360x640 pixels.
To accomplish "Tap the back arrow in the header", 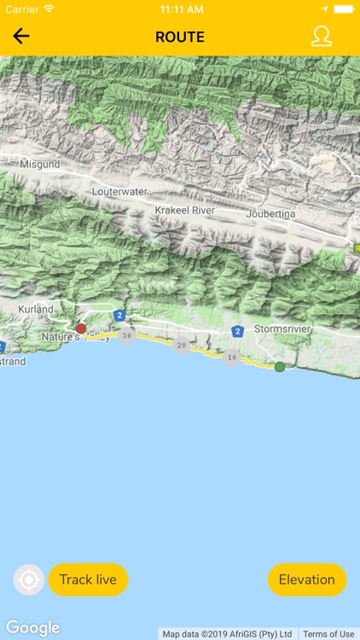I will pyautogui.click(x=21, y=36).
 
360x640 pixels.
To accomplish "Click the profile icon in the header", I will pyautogui.click(x=321, y=36).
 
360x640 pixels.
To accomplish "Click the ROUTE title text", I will pyautogui.click(x=180, y=37).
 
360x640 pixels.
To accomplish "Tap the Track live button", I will pyautogui.click(x=88, y=579).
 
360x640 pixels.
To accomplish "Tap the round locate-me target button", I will pyautogui.click(x=28, y=580).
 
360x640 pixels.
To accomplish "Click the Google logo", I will pyautogui.click(x=33, y=628).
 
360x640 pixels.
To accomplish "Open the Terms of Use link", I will pyautogui.click(x=328, y=634).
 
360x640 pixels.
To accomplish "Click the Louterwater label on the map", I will pyautogui.click(x=119, y=193).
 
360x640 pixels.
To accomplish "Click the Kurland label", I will pyautogui.click(x=36, y=309).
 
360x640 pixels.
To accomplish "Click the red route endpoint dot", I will pyautogui.click(x=80, y=329).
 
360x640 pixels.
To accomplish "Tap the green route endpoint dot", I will pyautogui.click(x=280, y=367).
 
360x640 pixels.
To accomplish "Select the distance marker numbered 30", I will pyautogui.click(x=127, y=336).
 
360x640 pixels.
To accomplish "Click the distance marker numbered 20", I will pyautogui.click(x=180, y=346).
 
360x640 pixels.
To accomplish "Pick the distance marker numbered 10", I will pyautogui.click(x=231, y=357).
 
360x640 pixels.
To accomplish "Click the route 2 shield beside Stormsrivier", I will pyautogui.click(x=237, y=330).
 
